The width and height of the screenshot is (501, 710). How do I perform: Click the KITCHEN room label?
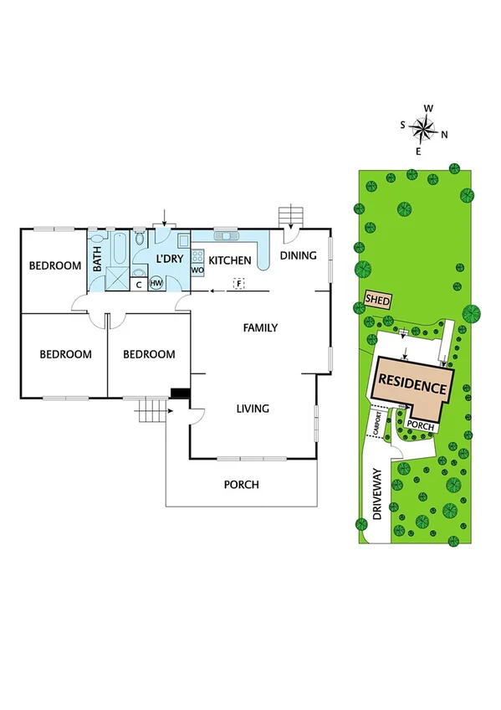tap(230, 261)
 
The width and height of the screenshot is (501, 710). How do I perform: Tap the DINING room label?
tap(298, 255)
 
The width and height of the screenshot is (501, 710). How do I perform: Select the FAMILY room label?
tap(260, 328)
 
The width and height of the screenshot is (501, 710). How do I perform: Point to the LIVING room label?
tap(253, 409)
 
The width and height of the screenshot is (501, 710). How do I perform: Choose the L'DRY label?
tap(170, 260)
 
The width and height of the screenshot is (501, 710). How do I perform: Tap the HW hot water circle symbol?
tap(156, 283)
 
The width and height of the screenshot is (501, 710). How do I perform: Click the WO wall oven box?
tap(197, 270)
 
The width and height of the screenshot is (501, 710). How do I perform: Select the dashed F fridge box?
tap(238, 284)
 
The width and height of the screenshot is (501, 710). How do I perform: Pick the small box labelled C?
tap(139, 284)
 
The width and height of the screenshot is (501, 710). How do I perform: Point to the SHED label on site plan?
tap(377, 299)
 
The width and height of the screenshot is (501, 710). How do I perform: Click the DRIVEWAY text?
tap(378, 494)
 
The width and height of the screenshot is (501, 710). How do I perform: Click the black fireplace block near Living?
tap(179, 393)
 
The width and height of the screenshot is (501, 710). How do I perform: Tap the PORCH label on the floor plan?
tap(241, 485)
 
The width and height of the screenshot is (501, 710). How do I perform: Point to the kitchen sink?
tap(227, 237)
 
